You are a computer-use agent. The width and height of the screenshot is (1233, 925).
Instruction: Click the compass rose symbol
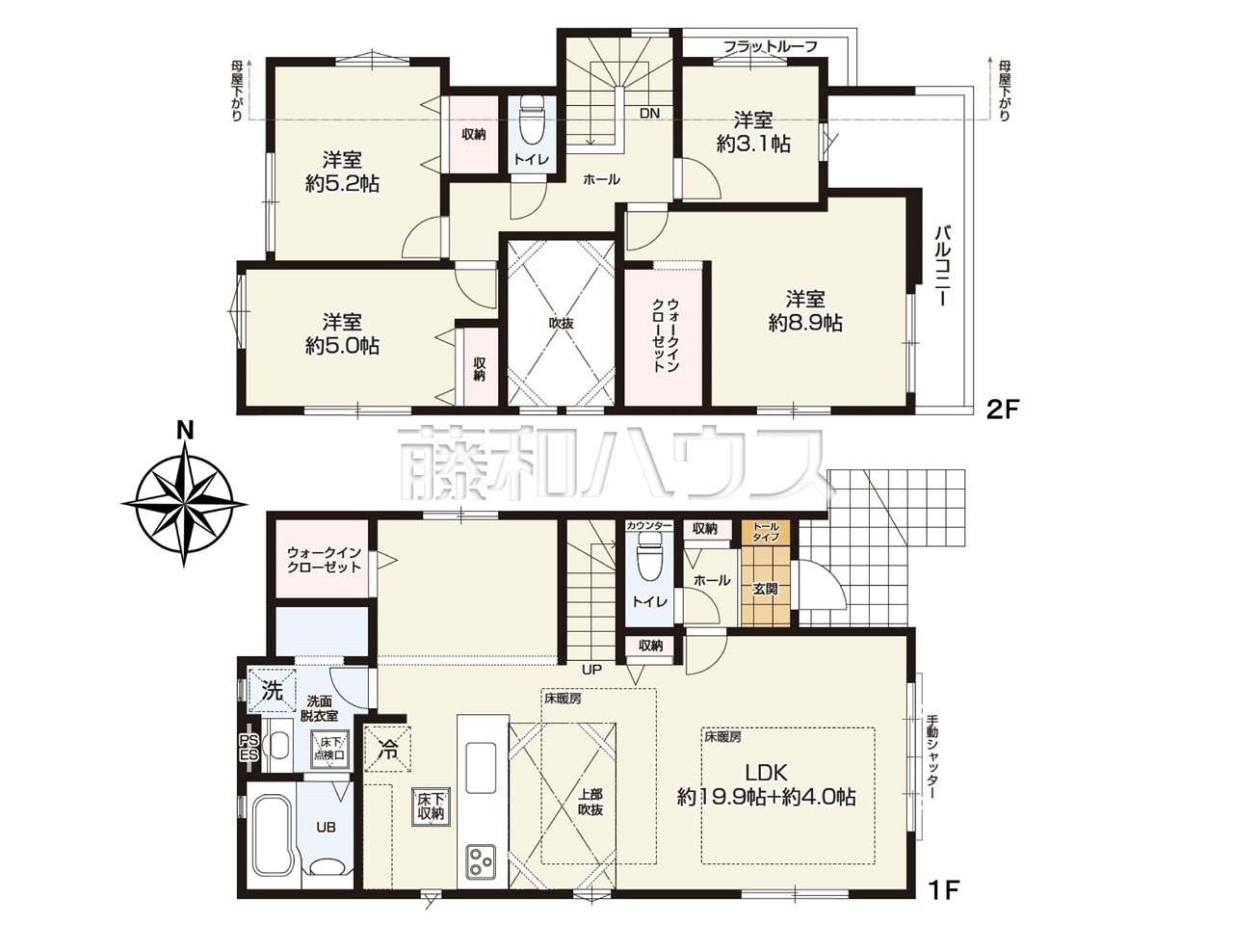(184, 503)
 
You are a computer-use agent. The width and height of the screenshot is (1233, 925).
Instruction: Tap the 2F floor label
(1003, 425)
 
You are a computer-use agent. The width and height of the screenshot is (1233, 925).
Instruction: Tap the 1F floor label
(942, 905)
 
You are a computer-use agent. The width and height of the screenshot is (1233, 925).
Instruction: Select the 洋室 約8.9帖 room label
(805, 310)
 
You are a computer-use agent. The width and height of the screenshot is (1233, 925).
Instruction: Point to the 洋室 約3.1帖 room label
(753, 132)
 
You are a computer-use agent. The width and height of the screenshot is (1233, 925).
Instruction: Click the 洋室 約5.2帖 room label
(342, 172)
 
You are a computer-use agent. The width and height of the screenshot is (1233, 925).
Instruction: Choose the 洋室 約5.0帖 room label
(342, 333)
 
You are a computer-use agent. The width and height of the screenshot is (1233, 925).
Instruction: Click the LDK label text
(766, 773)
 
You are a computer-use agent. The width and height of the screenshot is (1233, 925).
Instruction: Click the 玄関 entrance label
(765, 589)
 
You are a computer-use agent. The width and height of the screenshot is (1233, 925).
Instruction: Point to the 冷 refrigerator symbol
(387, 752)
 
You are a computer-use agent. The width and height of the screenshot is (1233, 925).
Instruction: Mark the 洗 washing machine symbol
(273, 691)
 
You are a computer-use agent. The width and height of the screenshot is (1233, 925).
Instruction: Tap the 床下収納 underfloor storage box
(431, 806)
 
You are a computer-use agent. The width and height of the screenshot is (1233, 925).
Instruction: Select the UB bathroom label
(326, 828)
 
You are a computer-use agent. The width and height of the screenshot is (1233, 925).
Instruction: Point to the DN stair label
(649, 114)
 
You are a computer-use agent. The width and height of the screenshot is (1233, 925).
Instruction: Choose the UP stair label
(591, 669)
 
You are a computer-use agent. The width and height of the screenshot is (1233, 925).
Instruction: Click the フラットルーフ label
(770, 46)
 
